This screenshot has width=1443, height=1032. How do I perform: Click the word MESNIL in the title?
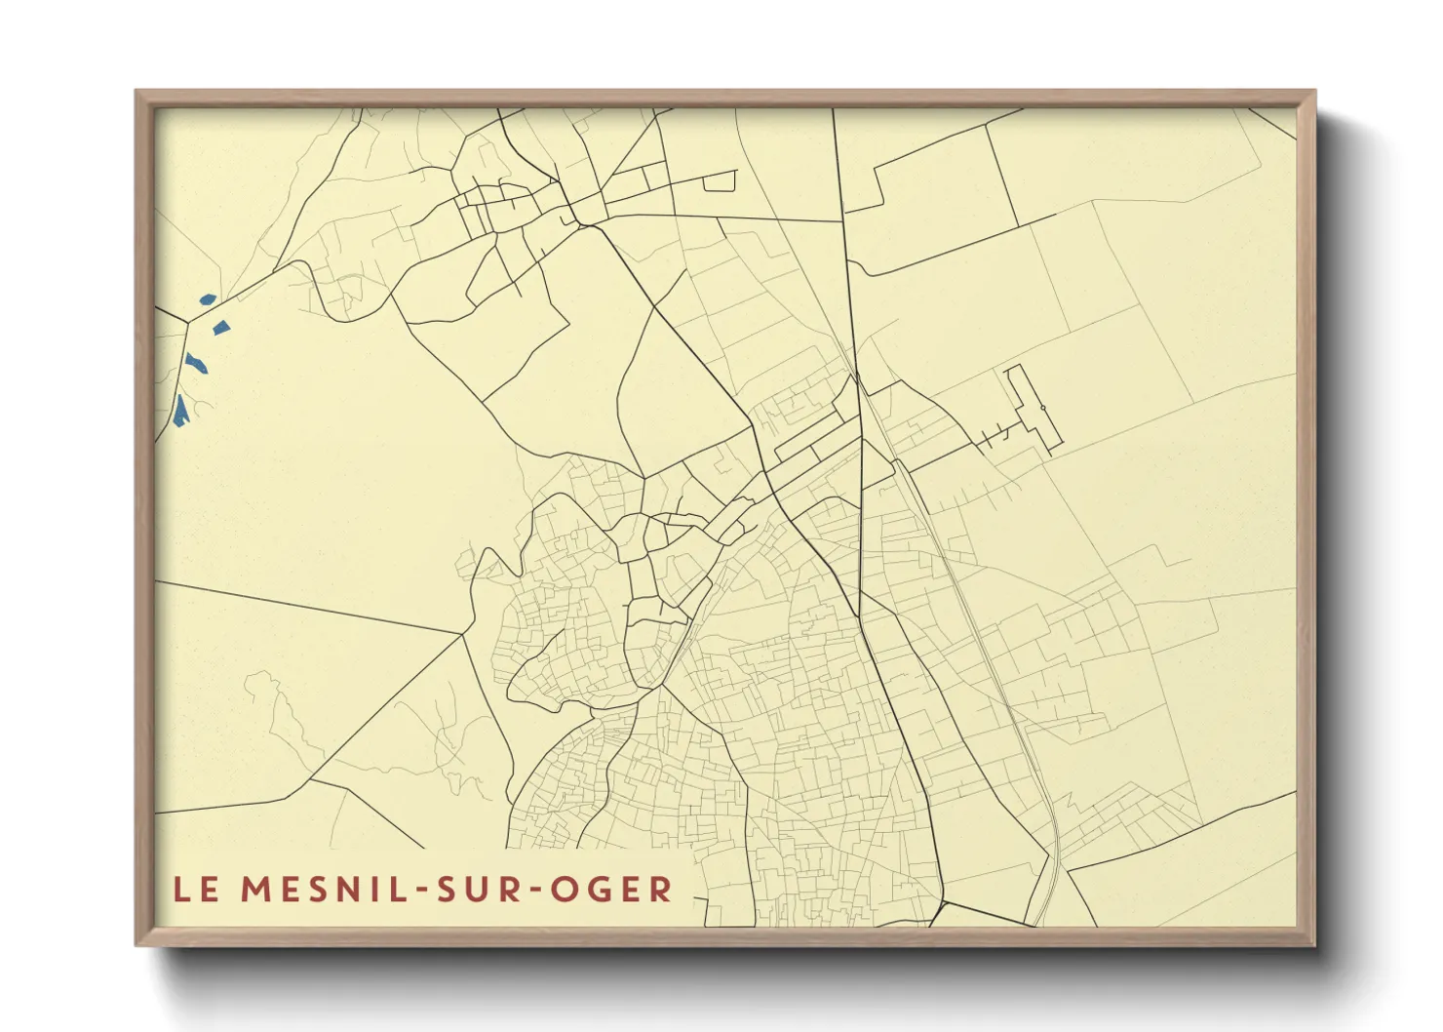pos(313,890)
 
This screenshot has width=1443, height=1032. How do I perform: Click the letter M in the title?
pos(254,890)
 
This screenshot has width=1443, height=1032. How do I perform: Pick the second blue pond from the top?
pos(221,328)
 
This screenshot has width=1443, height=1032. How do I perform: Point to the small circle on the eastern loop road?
pos(1042,407)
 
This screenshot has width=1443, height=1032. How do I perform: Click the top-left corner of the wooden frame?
pos(137,92)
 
